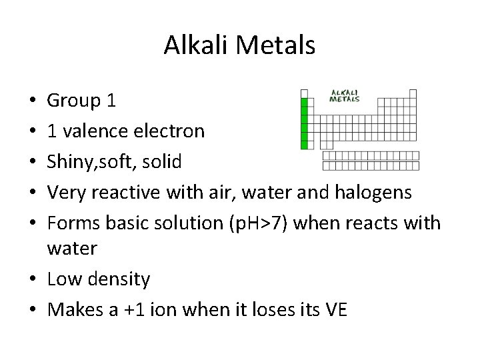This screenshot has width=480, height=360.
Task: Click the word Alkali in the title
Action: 195,45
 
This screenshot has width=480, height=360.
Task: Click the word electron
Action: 171,131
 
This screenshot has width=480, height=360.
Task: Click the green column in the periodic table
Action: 305,123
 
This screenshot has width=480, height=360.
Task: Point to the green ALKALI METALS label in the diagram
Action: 345,95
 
